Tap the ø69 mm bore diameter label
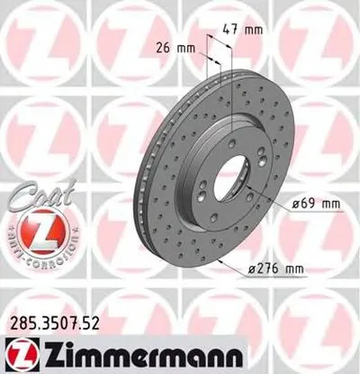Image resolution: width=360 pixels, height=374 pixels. [319, 204]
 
